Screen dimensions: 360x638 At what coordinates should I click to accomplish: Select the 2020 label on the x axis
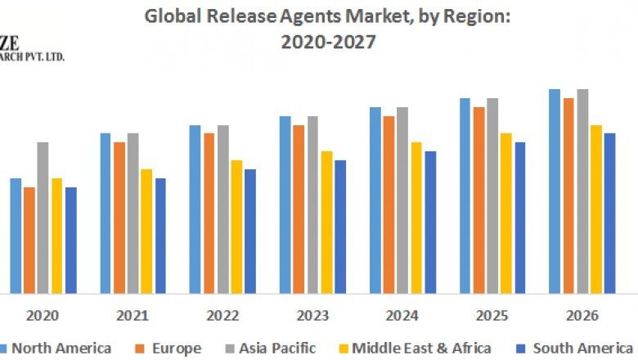(x=42, y=316)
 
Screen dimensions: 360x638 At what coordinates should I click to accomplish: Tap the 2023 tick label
(x=312, y=316)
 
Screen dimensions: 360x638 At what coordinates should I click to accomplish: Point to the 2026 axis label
(x=582, y=316)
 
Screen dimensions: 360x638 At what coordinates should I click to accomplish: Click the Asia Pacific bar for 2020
(x=43, y=218)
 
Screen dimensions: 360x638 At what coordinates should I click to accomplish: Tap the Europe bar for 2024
(x=389, y=205)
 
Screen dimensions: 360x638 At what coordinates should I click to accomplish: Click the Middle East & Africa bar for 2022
(x=236, y=227)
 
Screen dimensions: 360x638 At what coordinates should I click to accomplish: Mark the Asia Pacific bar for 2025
(x=492, y=196)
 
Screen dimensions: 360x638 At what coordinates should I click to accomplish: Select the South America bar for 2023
(x=340, y=227)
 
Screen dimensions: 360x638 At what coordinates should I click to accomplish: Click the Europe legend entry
(x=174, y=349)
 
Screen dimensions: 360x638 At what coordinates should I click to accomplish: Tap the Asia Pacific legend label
(x=276, y=349)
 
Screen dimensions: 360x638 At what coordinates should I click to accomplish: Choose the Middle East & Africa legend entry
(x=422, y=349)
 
